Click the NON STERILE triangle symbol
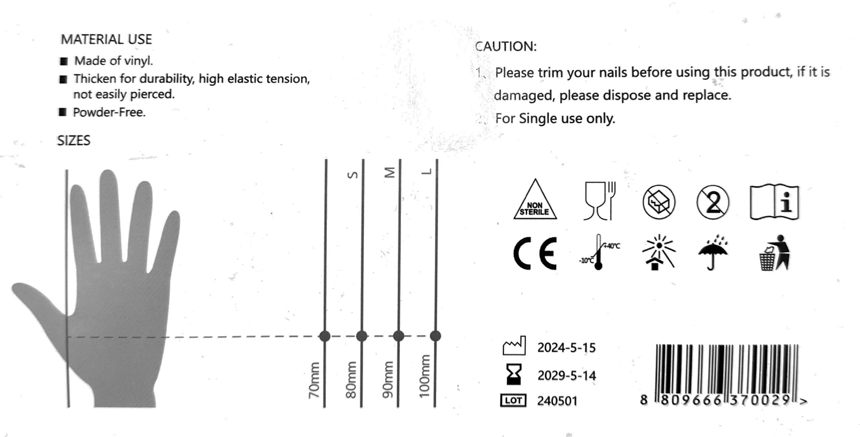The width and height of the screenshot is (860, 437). [x=535, y=200]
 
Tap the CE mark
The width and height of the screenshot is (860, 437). [x=535, y=253]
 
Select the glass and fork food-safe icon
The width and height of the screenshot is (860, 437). [x=600, y=200]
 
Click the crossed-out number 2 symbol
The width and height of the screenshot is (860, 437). [x=712, y=202]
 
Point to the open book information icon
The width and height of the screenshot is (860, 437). [x=774, y=202]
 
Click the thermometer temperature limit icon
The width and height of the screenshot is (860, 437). [x=599, y=252]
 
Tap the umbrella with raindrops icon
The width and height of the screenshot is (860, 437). [x=712, y=252]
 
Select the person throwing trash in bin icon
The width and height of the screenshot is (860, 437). [x=774, y=253]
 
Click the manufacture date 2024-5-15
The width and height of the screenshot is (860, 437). [x=566, y=347]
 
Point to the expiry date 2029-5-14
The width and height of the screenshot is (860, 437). [x=567, y=375]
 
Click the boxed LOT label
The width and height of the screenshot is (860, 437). [x=513, y=401]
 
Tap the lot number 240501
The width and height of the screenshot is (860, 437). [x=558, y=401]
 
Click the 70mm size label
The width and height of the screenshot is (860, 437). [x=314, y=380]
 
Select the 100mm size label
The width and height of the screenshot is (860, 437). [x=424, y=376]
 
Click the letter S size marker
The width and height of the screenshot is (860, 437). [x=353, y=175]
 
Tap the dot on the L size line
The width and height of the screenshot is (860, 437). [x=435, y=336]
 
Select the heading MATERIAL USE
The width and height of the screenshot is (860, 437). [x=106, y=39]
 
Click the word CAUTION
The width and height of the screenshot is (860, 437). [x=506, y=46]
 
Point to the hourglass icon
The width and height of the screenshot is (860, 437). [x=514, y=375]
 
